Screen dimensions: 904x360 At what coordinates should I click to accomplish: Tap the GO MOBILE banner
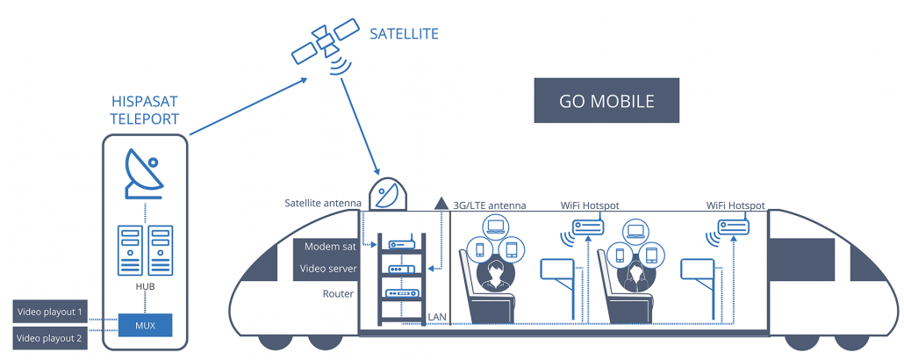(606, 100)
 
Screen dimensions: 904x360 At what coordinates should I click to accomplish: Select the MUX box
(146, 326)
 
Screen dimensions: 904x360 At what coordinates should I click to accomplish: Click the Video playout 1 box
(49, 312)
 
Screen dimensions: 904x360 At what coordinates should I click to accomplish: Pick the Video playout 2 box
(49, 338)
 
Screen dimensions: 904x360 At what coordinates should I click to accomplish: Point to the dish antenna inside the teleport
(144, 174)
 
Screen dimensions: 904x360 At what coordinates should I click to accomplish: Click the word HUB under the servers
(145, 286)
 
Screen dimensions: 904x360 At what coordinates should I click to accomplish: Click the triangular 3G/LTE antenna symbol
(441, 203)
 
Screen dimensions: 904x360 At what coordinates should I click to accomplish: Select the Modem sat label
(330, 247)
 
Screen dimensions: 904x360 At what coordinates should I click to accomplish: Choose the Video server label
(328, 270)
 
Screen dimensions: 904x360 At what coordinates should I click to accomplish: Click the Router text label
(338, 294)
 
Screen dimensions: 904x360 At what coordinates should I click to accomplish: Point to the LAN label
(436, 317)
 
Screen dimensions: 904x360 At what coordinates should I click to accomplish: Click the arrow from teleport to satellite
(248, 106)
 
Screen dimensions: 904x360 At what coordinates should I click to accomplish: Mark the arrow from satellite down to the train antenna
(361, 127)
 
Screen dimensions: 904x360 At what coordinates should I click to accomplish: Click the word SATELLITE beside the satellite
(404, 34)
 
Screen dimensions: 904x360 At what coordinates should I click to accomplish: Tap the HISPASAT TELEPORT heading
(144, 111)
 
